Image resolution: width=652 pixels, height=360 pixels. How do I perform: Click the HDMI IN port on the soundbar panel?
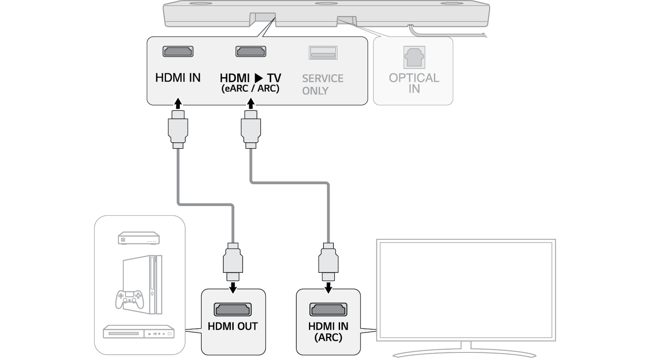coord(178,51)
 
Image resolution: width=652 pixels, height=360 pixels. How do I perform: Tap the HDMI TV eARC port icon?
coord(251,51)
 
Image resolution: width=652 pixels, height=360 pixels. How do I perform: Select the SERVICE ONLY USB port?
coord(323,53)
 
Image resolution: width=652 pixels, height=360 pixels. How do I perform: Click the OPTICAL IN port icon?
coord(413,57)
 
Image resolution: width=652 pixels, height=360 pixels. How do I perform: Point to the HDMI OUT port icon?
coord(233,309)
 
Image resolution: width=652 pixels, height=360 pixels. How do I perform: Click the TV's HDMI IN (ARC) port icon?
coord(328,309)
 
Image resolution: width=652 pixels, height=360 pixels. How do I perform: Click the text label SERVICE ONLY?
coord(323,85)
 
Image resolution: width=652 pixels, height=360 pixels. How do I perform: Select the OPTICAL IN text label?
coord(414,83)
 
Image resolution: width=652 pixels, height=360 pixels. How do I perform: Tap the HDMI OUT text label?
coord(233,326)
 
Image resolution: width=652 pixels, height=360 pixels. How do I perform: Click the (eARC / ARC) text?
coord(250,89)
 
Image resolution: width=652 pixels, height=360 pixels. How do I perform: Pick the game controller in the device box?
coord(129,299)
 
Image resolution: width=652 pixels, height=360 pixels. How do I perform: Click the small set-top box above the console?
coord(139,239)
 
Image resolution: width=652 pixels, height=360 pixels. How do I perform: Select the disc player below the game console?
coord(138,333)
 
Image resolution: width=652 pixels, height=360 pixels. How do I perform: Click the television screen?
coord(466,289)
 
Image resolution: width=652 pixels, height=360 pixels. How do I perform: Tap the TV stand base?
coord(466,354)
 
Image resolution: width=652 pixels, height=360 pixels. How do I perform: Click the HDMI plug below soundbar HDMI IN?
coord(178,129)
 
